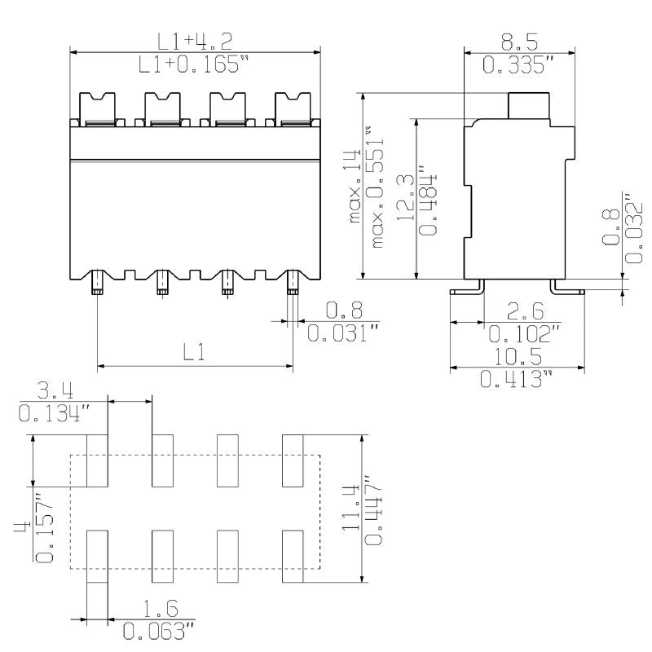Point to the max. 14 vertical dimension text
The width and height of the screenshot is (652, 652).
(x=352, y=187)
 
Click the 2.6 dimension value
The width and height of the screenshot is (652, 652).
(x=521, y=311)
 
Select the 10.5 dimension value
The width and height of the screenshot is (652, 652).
(x=517, y=357)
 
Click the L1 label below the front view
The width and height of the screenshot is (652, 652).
(x=193, y=352)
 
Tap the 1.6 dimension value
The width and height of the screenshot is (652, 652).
(x=161, y=609)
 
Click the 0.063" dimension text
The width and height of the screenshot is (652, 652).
(x=159, y=631)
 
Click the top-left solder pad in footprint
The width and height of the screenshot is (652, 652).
(x=98, y=460)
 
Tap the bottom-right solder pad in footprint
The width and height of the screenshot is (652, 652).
(x=293, y=557)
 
